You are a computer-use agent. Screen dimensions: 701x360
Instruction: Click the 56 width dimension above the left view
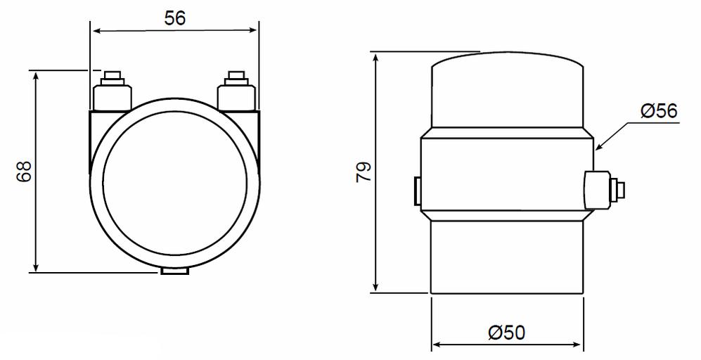pos(175,19)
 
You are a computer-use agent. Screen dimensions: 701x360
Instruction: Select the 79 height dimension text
pos(364,172)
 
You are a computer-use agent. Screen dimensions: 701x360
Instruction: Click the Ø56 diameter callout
pos(659,110)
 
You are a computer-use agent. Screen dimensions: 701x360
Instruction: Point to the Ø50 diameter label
pos(506,333)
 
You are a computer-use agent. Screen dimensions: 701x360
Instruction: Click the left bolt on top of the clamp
pos(112,90)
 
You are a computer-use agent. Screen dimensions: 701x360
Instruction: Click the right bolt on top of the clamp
pos(236,90)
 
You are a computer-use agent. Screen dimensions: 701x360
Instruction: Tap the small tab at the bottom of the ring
pos(175,271)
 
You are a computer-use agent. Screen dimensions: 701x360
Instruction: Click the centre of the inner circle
pos(175,181)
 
